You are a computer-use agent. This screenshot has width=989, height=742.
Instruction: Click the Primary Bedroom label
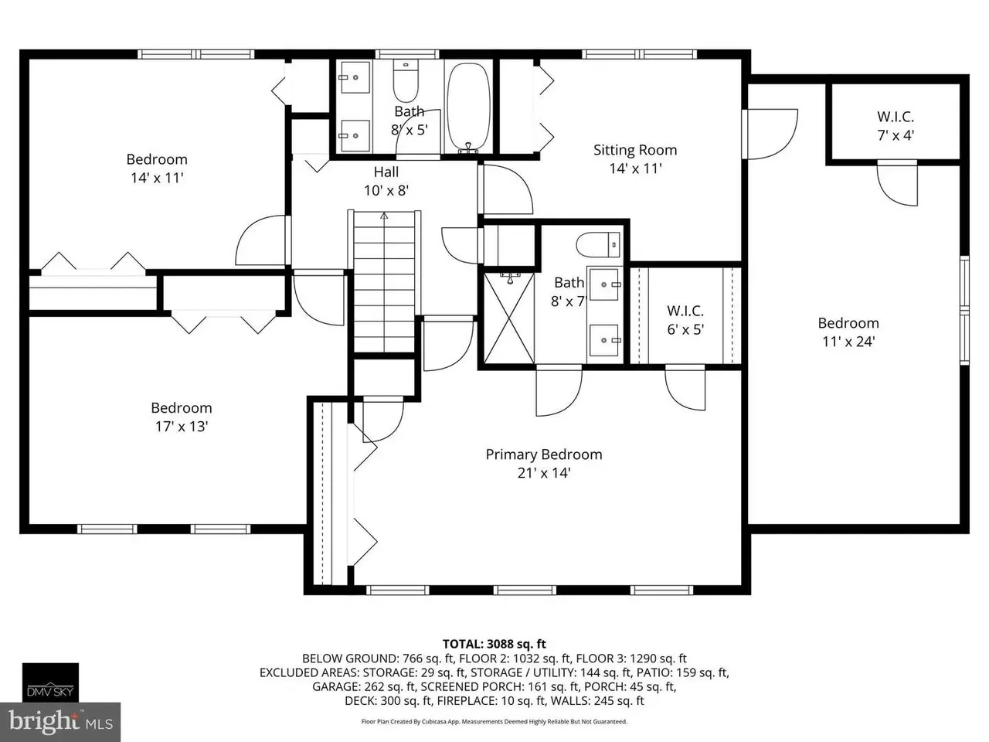coord(543,454)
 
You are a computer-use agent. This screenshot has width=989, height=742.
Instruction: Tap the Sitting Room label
coord(635,150)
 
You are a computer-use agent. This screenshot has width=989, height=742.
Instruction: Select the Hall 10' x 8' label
coord(386,181)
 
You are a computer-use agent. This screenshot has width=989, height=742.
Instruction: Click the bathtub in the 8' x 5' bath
coord(468,107)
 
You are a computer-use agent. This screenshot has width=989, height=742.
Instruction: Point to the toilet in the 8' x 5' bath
coord(406,81)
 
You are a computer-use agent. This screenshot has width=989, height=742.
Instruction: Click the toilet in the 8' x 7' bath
coord(599,245)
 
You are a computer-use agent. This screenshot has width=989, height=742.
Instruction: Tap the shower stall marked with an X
coord(508,318)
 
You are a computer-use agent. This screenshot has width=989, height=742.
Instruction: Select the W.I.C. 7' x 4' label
coord(896,126)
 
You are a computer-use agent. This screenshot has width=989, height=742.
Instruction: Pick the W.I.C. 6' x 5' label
coord(685,320)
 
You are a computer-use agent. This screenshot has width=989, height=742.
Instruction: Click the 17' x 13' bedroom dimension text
coord(181,426)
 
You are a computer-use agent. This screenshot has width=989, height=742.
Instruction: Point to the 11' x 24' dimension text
coord(848,342)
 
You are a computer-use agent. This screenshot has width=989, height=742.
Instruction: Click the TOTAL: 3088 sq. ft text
coord(494,644)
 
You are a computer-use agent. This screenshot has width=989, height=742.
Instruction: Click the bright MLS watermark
coord(60,722)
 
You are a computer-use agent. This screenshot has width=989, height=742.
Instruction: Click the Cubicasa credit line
coord(494,721)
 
